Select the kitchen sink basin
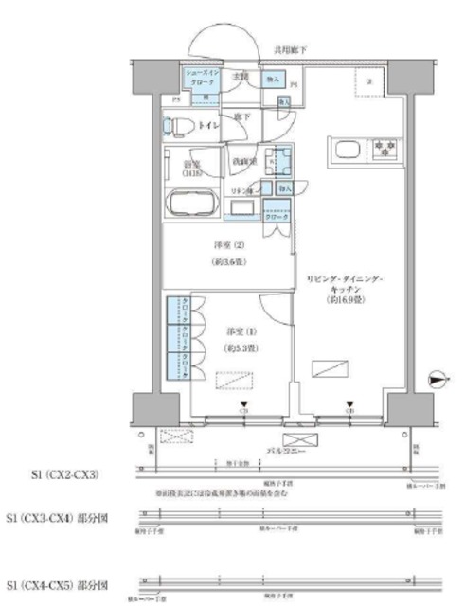click(x=344, y=150)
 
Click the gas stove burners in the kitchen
click(x=384, y=150)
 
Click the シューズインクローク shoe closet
click(x=200, y=81)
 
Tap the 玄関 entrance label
click(x=241, y=75)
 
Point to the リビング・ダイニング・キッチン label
click(x=344, y=282)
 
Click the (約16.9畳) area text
click(x=343, y=299)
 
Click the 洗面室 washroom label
click(x=242, y=160)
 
